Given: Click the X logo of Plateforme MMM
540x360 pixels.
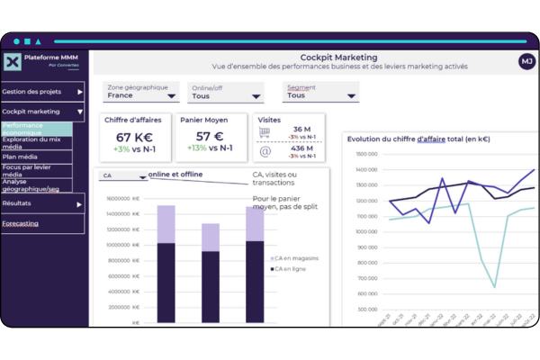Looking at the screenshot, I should tap(13, 62).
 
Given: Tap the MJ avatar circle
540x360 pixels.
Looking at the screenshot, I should tap(526, 61).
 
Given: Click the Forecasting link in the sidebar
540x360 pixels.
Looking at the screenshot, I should tap(20, 222).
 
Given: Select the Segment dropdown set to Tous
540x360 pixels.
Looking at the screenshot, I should tap(319, 94).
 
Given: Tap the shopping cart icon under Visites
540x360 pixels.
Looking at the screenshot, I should tap(265, 132).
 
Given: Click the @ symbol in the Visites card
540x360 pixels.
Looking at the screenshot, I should tap(265, 153).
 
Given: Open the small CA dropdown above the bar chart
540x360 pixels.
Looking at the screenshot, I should tap(124, 176).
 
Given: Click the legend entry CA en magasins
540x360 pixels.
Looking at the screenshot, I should tap(297, 258).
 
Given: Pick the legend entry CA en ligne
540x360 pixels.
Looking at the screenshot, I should tap(293, 268).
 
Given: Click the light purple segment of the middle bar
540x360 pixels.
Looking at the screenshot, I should tap(211, 238).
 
